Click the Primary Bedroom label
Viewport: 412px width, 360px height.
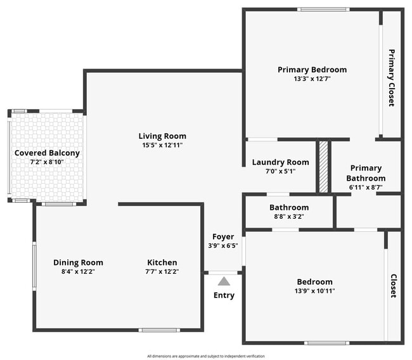tap(312, 70)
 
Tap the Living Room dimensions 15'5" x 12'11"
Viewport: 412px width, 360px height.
tap(162, 145)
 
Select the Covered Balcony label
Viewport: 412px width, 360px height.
tap(47, 153)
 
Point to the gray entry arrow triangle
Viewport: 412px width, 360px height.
tap(224, 281)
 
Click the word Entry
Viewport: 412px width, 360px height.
tap(224, 295)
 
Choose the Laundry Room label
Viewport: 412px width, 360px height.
tap(280, 162)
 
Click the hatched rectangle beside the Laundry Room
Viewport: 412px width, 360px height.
tap(323, 166)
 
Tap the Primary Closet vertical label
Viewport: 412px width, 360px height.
tap(391, 77)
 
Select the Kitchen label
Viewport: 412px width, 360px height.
tap(162, 262)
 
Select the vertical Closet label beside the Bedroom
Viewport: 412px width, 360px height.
tap(393, 286)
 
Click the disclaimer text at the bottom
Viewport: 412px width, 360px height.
tap(206, 356)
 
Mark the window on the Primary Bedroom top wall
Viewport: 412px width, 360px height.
tap(314, 9)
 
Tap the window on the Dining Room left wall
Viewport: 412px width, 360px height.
tap(34, 265)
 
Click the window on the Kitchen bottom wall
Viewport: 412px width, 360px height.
tap(155, 330)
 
